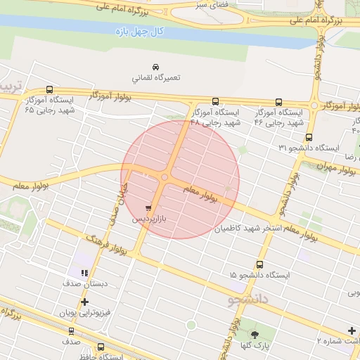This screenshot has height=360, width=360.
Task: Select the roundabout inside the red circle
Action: pyautogui.click(x=165, y=178)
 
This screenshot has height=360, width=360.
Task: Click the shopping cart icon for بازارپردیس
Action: pyautogui.click(x=148, y=207)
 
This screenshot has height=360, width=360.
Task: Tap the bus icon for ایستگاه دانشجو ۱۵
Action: pyautogui.click(x=260, y=265)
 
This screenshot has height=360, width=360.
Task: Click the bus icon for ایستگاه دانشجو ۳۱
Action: pyautogui.click(x=309, y=137)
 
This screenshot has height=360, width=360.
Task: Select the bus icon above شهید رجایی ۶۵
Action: pyautogui.click(x=49, y=89)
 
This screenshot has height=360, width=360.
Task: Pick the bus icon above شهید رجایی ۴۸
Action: pyautogui.click(x=215, y=101)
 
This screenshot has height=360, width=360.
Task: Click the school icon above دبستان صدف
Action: pyautogui.click(x=84, y=272)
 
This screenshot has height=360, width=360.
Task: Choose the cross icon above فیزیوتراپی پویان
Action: pyautogui.click(x=84, y=302)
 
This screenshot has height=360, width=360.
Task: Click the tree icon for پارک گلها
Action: pyautogui.click(x=255, y=334)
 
